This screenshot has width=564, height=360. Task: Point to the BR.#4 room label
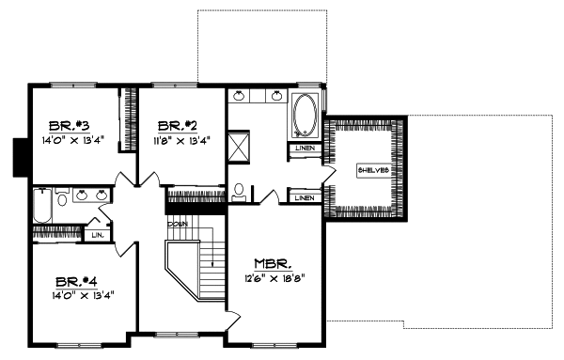(72, 281)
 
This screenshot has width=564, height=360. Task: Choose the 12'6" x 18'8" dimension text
(273, 277)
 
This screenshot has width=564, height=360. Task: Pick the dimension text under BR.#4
(72, 295)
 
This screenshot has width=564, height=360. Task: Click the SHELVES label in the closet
(369, 170)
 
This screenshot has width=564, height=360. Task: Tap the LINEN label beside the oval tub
(304, 148)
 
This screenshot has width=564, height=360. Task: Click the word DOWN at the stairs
(177, 225)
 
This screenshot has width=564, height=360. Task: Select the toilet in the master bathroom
(240, 191)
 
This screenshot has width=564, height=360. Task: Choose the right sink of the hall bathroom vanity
(101, 196)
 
